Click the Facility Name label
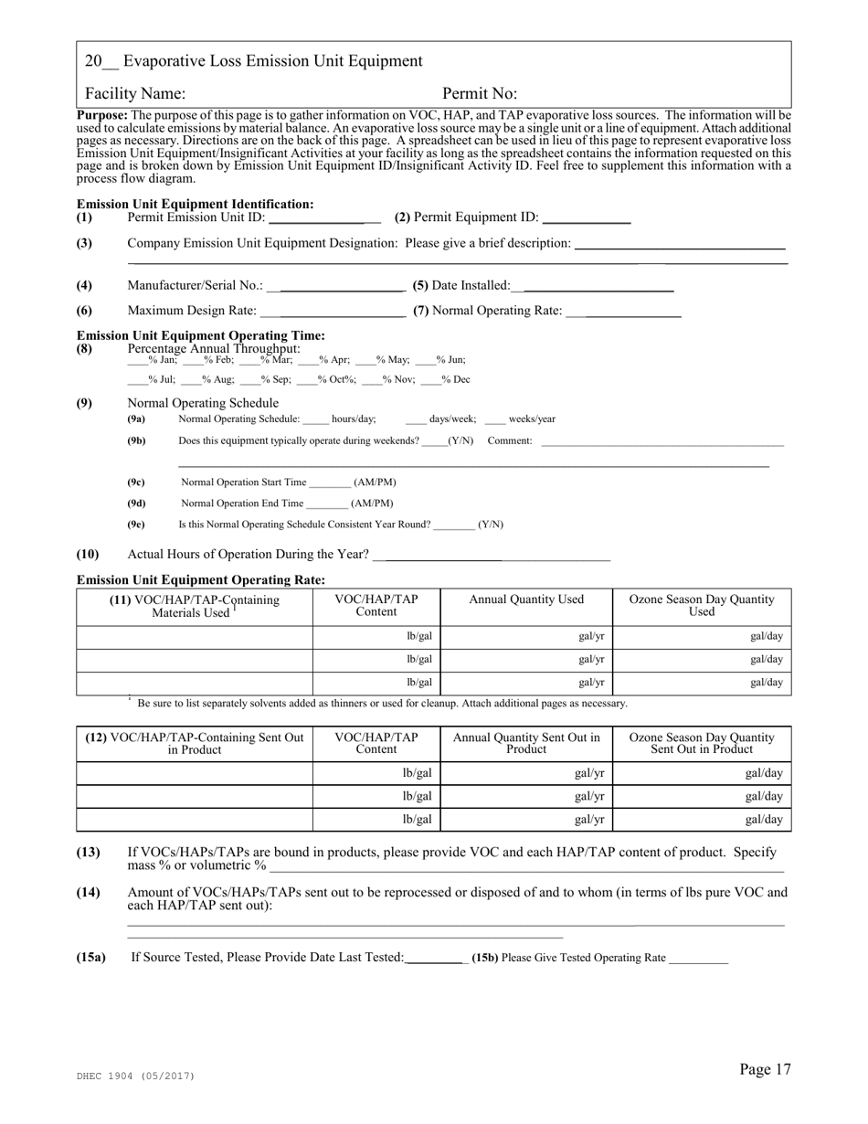pyautogui.click(x=134, y=93)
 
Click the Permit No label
pyautogui.click(x=480, y=93)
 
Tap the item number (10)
pyautogui.click(x=88, y=554)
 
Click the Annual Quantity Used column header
pyautogui.click(x=526, y=599)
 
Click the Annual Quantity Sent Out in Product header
pyautogui.click(x=526, y=743)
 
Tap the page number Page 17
pyautogui.click(x=765, y=1069)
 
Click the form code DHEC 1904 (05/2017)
pyautogui.click(x=136, y=1076)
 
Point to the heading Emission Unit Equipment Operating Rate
pyautogui.click(x=200, y=579)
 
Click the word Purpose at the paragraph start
pyautogui.click(x=102, y=115)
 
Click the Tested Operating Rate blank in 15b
pyautogui.click(x=699, y=960)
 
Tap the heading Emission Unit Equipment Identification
pyautogui.click(x=195, y=204)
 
